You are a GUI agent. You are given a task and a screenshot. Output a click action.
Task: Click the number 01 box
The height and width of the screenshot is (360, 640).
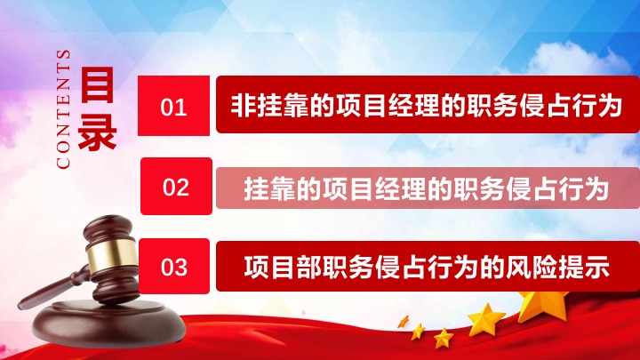(x=173, y=105)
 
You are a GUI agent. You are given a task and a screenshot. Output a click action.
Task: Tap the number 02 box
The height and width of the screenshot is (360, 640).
(x=176, y=186)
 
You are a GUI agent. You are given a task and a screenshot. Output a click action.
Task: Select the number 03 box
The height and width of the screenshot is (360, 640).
(x=174, y=266)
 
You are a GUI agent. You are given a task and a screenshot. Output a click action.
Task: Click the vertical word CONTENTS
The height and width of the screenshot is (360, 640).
(x=63, y=109)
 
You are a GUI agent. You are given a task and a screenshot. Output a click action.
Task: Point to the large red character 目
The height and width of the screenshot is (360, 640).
(x=97, y=85)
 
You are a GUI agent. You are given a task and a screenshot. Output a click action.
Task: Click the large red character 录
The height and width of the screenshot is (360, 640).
(x=97, y=131)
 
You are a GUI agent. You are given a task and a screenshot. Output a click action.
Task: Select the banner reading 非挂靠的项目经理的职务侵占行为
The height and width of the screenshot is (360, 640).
(x=428, y=105)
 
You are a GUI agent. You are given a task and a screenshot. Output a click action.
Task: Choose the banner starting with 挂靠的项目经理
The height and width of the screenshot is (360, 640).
(x=428, y=188)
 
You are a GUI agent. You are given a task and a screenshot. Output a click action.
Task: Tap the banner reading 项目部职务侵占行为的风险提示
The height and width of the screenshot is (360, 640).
(x=428, y=266)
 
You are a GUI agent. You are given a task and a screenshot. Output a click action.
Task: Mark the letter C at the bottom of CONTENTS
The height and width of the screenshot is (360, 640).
(x=63, y=162)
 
